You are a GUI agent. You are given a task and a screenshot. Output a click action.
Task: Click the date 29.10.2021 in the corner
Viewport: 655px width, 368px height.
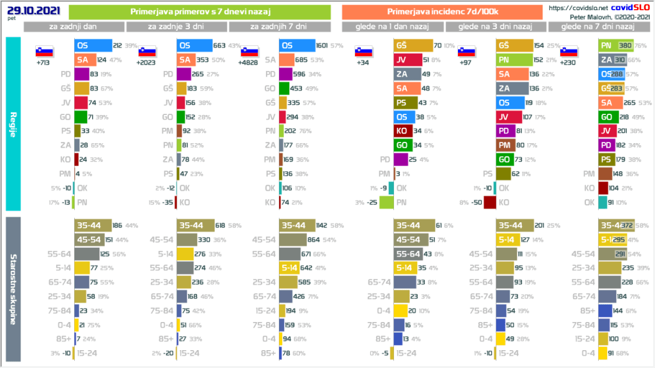click(24, 9)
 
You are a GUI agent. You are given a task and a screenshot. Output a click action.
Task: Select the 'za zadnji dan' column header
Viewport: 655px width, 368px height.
click(74, 26)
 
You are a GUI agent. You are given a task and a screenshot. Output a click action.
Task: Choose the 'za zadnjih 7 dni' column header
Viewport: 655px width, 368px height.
click(279, 26)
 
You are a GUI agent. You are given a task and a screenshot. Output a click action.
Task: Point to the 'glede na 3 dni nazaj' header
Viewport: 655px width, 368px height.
click(497, 26)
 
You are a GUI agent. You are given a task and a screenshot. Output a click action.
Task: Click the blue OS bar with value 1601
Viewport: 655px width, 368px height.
click(297, 46)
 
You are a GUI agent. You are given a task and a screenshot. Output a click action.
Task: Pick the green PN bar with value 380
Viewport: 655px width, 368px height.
click(612, 46)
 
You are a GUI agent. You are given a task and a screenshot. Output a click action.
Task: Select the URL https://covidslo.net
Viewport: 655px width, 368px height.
click(577, 8)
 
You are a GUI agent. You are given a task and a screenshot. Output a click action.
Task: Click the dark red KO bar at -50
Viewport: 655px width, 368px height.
click(490, 202)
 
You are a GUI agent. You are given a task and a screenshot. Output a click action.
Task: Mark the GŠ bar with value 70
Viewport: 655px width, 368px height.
click(413, 46)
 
